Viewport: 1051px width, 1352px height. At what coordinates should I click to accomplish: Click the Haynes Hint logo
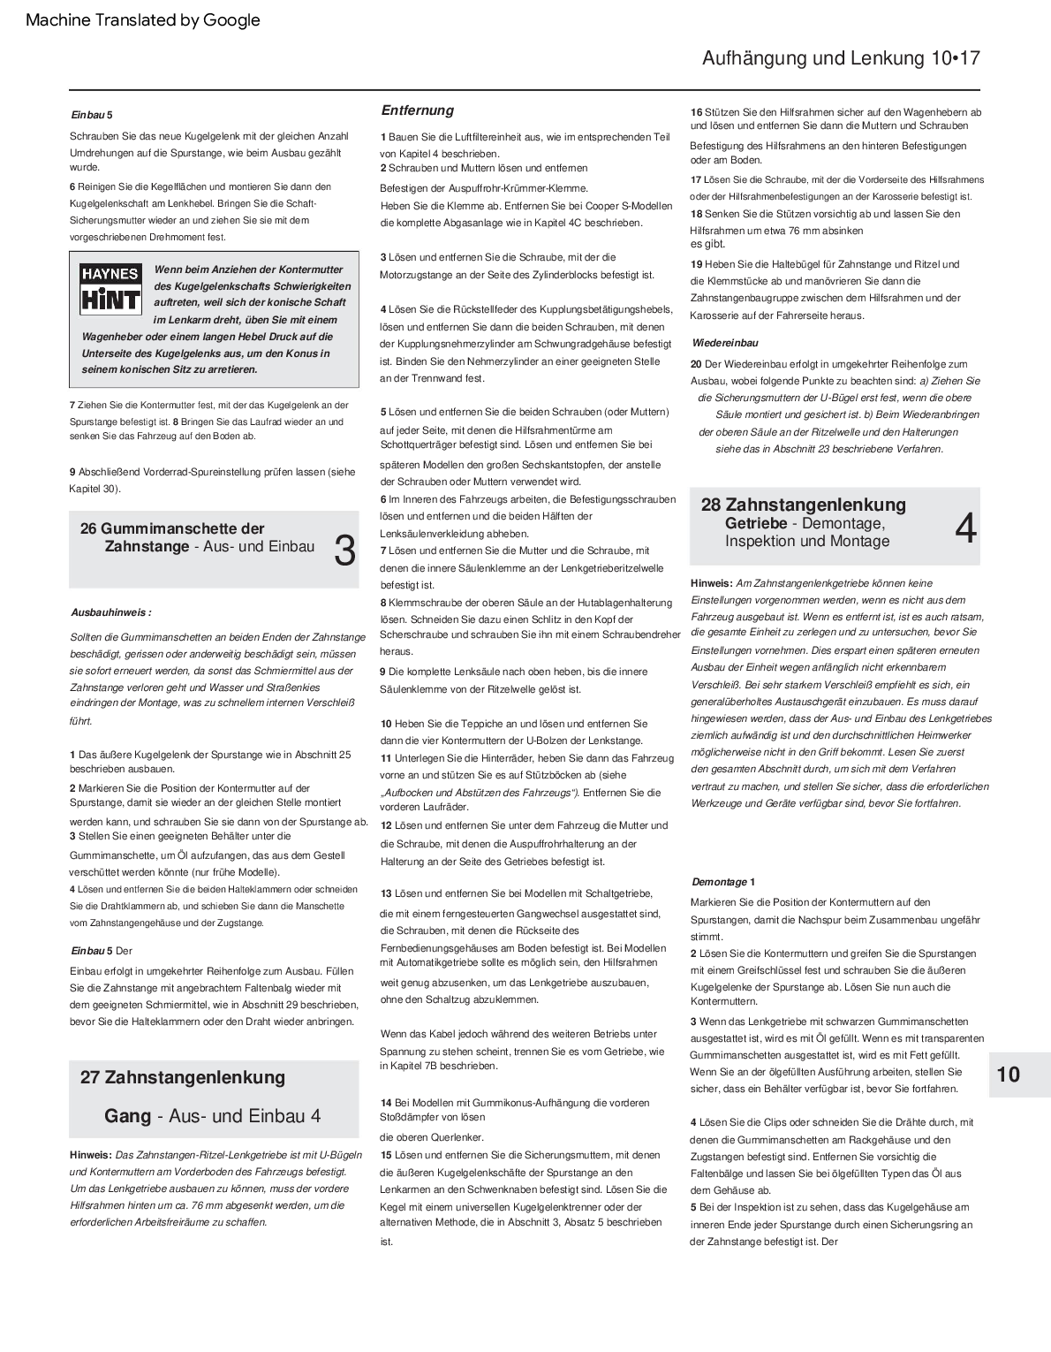pyautogui.click(x=110, y=288)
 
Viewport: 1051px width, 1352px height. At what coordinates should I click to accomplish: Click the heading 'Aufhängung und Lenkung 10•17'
pyautogui.click(x=840, y=59)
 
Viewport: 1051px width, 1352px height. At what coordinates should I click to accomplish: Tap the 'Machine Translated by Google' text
pyautogui.click(x=143, y=20)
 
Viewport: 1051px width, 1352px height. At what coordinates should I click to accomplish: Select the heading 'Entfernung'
pyautogui.click(x=417, y=110)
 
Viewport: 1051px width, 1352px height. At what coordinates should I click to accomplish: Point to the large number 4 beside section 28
pyautogui.click(x=966, y=528)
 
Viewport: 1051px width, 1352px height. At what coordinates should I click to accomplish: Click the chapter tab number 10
pyautogui.click(x=1008, y=1075)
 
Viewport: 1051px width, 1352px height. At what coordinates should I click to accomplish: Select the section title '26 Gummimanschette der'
pyautogui.click(x=172, y=528)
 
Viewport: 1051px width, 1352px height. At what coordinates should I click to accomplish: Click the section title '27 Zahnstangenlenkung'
pyautogui.click(x=183, y=1077)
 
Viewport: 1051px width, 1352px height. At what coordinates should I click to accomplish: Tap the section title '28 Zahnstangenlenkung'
pyautogui.click(x=803, y=505)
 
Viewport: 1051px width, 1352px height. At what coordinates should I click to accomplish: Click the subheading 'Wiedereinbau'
pyautogui.click(x=725, y=343)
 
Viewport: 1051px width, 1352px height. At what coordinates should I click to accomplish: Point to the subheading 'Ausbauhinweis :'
pyautogui.click(x=110, y=611)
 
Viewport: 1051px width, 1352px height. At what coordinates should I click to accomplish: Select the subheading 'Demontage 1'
pyautogui.click(x=723, y=882)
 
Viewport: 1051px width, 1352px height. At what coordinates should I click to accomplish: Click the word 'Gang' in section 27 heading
pyautogui.click(x=127, y=1116)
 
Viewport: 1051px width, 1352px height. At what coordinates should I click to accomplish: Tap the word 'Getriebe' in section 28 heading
pyautogui.click(x=756, y=523)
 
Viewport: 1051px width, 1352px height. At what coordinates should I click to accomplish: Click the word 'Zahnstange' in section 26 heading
pyautogui.click(x=147, y=547)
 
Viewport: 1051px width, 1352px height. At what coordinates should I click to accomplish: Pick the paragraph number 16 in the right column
pyautogui.click(x=696, y=112)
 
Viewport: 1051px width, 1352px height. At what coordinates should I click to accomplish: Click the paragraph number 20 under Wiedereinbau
pyautogui.click(x=696, y=364)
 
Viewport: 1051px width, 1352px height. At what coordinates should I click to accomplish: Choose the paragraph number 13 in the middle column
pyautogui.click(x=386, y=893)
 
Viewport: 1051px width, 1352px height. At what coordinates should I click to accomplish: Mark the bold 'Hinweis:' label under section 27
pyautogui.click(x=91, y=1154)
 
